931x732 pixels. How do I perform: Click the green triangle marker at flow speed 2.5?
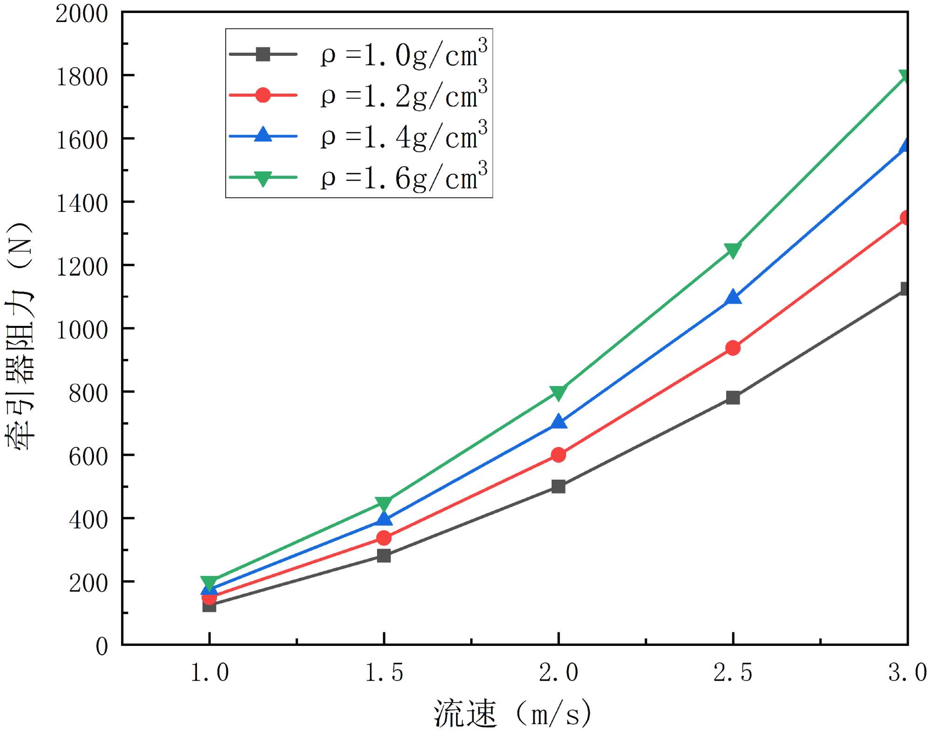click(733, 250)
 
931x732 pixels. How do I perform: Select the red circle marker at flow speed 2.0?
click(558, 455)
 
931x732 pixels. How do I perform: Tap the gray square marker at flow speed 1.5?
click(384, 556)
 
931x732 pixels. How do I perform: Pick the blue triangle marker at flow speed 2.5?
click(733, 297)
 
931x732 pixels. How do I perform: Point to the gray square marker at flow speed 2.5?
click(733, 398)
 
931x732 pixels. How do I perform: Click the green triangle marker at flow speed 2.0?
click(558, 392)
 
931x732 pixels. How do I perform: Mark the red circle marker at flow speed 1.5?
click(384, 538)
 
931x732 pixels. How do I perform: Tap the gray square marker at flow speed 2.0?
click(558, 487)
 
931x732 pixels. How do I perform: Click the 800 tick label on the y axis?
click(88, 393)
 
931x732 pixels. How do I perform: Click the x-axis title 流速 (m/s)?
click(512, 713)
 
